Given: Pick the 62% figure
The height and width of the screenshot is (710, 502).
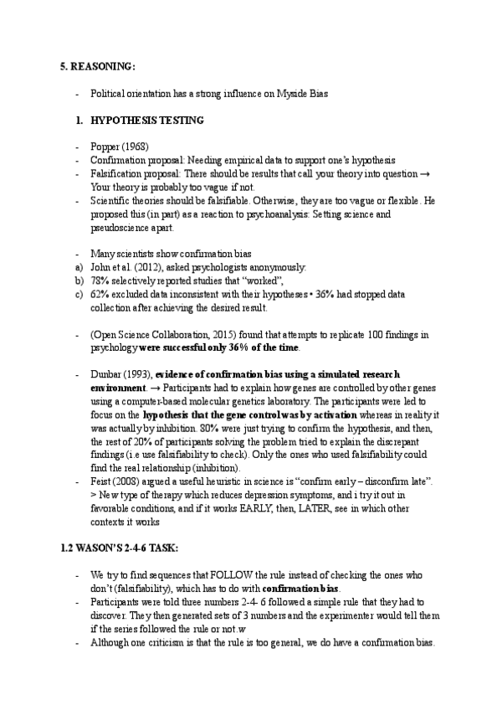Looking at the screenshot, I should coord(100,295).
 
